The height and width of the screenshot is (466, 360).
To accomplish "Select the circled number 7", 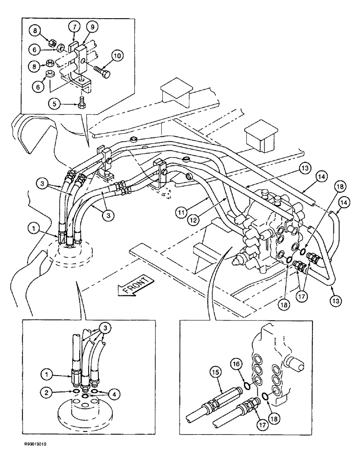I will [x=75, y=27].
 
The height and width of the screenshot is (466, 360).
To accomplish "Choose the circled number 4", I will [x=115, y=393].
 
